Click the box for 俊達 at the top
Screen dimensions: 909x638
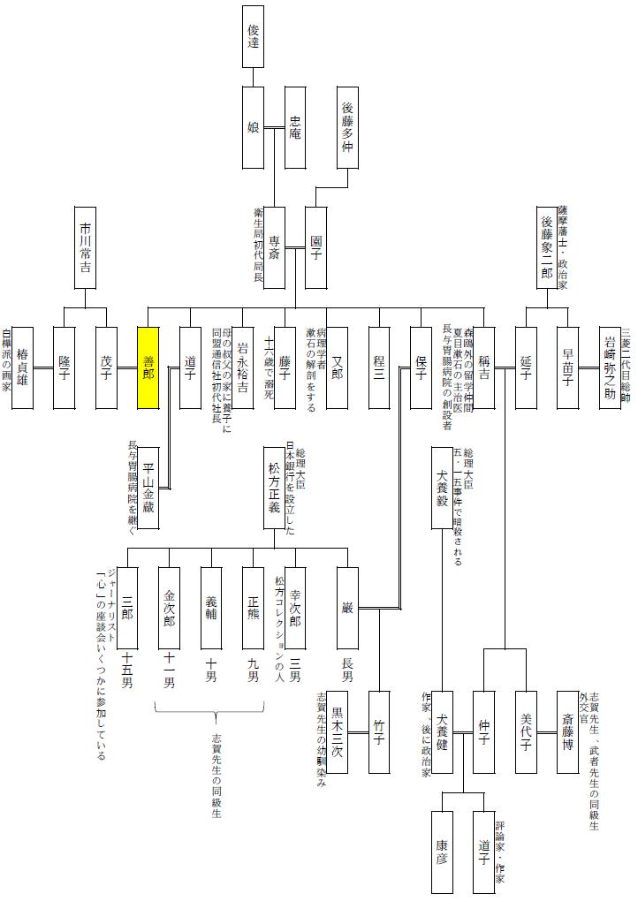click(x=253, y=36)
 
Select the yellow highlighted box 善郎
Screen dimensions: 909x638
click(x=148, y=355)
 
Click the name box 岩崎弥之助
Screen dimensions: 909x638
click(x=610, y=355)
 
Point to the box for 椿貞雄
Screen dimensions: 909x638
click(x=22, y=355)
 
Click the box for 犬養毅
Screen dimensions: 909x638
click(x=442, y=488)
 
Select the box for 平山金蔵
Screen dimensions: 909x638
click(x=148, y=488)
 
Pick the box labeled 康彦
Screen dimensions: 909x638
click(x=442, y=851)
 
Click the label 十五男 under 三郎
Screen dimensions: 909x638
click(x=127, y=670)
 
